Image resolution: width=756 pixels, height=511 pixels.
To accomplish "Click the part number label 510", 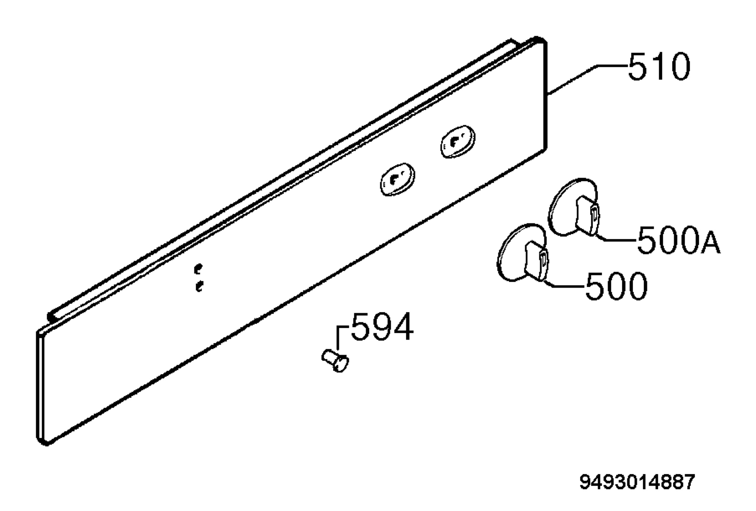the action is click(x=659, y=67).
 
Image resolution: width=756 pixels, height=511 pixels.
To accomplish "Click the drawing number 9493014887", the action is click(x=637, y=482).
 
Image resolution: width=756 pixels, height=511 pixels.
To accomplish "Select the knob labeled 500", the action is click(x=523, y=253).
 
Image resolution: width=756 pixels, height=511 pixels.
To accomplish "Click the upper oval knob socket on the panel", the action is click(x=458, y=142).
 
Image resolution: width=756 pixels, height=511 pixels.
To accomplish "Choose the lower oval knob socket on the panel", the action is click(x=398, y=180).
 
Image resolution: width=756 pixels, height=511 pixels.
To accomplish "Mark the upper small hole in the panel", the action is click(x=198, y=269).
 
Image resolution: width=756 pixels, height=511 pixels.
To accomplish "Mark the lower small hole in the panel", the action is click(x=199, y=286).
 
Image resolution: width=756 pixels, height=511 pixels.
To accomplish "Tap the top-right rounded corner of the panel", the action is click(x=541, y=41).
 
